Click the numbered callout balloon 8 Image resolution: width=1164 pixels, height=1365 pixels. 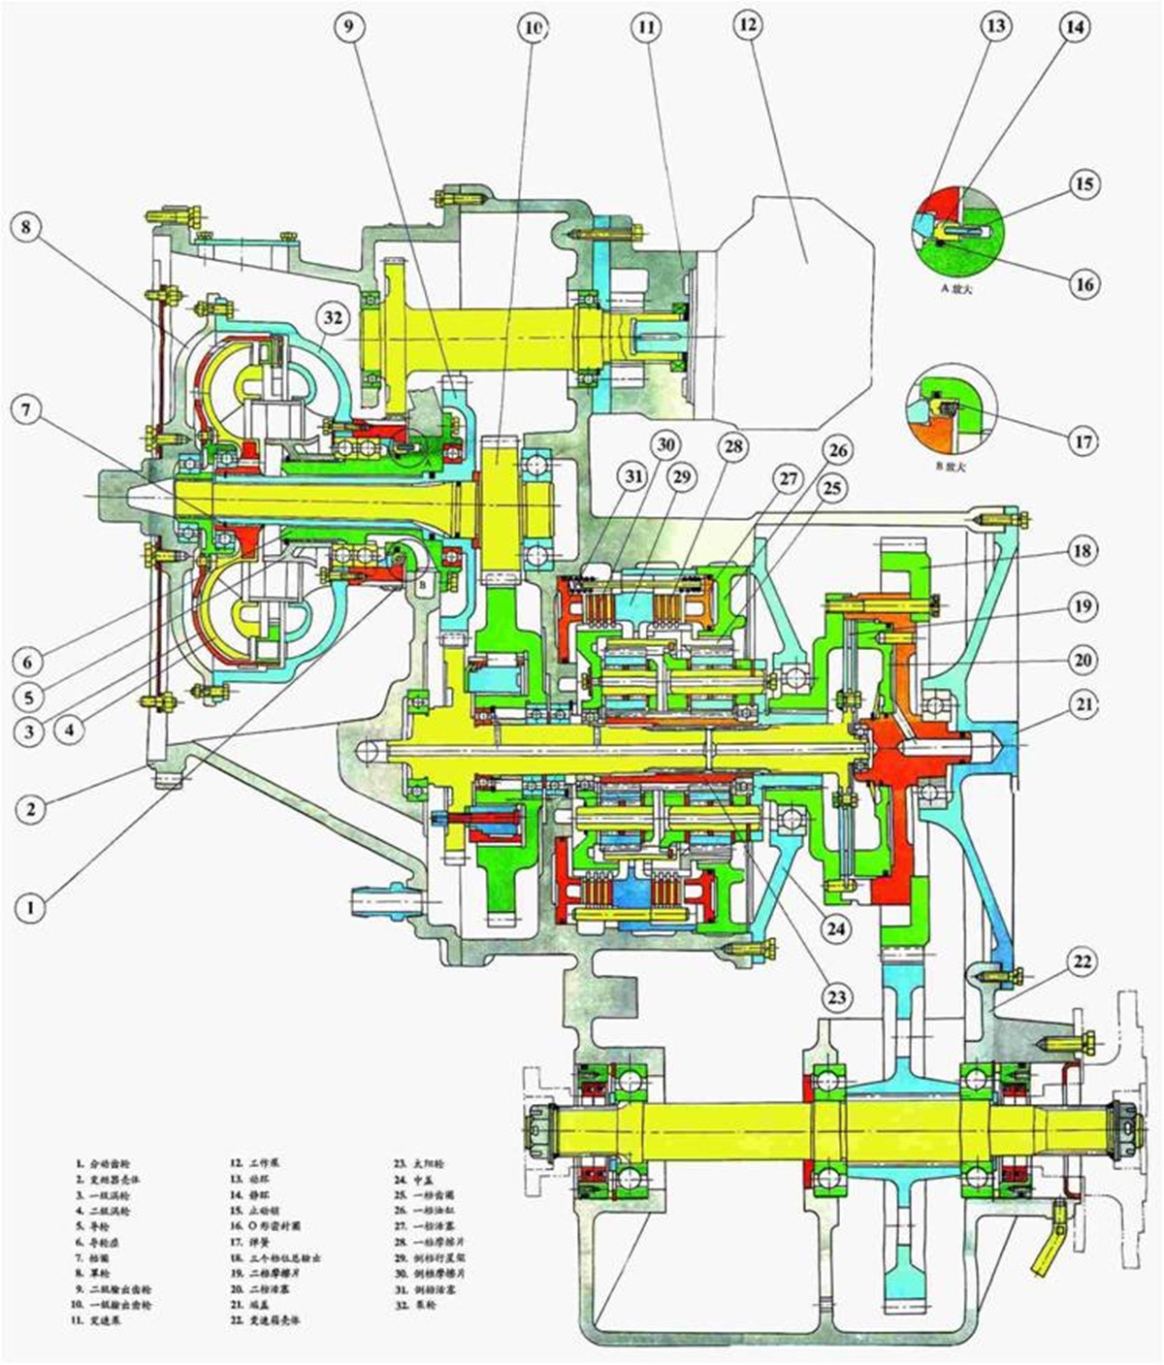coord(26,229)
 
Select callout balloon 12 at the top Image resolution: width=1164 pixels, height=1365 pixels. coord(746,26)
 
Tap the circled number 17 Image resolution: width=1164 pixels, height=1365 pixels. coord(1083,441)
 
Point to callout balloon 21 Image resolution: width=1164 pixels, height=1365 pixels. coord(1083,703)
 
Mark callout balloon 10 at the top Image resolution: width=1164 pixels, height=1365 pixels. coord(532,28)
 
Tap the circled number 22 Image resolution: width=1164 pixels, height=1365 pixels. coord(1083,961)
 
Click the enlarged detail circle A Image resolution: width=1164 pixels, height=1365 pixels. coord(958,230)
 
